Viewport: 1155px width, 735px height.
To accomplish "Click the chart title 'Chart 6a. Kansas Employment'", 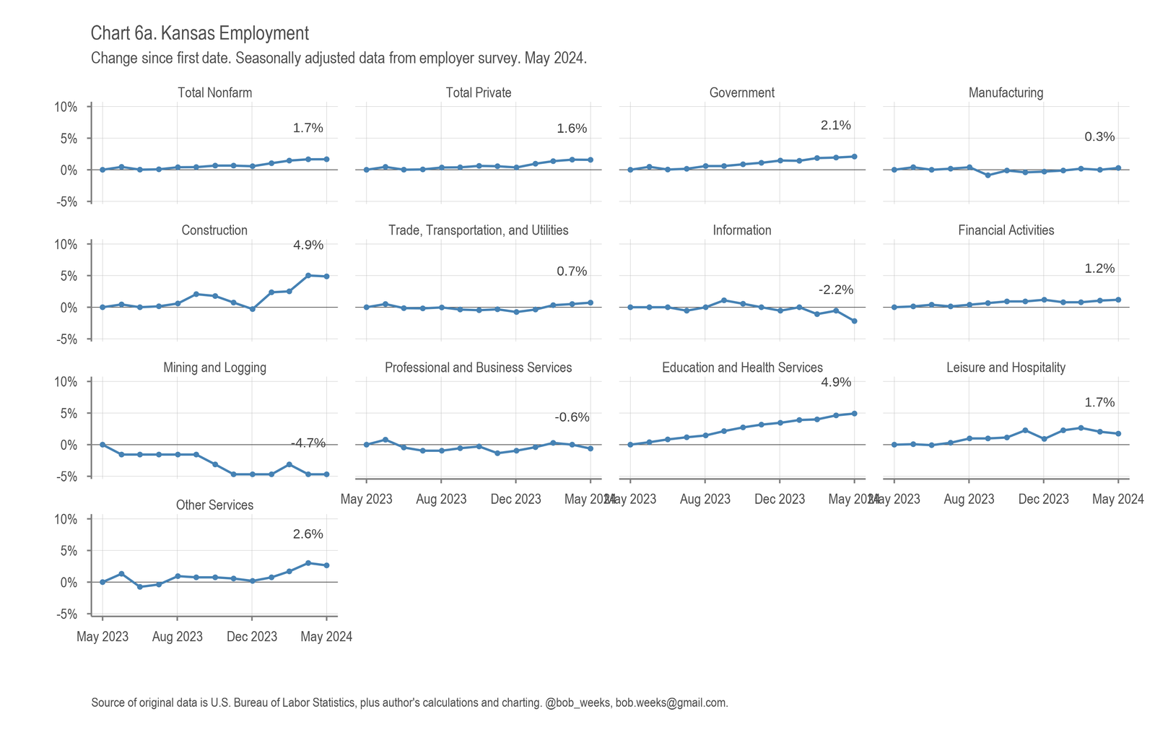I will click(200, 33).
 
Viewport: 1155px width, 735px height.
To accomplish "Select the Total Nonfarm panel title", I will click(214, 92).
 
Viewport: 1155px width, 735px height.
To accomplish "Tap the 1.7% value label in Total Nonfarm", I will click(308, 129).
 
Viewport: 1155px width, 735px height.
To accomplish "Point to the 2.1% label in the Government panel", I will click(836, 126).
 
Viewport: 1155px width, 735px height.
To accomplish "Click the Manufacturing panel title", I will click(1006, 92).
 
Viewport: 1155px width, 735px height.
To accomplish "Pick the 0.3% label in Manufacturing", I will click(1099, 137).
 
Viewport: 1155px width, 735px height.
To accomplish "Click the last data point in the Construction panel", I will click(326, 277).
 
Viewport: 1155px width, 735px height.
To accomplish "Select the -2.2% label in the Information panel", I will click(836, 290).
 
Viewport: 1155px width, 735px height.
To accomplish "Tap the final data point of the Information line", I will click(855, 321).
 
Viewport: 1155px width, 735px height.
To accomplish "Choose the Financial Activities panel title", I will click(1006, 230).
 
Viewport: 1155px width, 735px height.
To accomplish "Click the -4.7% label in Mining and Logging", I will click(308, 443).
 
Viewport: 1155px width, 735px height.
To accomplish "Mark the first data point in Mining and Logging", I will click(103, 445).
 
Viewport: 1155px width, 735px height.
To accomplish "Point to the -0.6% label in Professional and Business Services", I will click(572, 417).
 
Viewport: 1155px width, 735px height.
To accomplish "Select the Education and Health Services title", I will click(742, 367).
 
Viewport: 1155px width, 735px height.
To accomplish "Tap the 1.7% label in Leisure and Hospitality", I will click(1099, 403).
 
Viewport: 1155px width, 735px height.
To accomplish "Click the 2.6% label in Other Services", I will click(308, 535).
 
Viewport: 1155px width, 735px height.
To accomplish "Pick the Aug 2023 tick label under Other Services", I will click(178, 637).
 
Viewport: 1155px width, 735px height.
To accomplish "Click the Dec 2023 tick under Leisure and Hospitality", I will click(1043, 499).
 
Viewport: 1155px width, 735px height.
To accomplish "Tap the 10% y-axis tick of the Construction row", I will click(66, 244).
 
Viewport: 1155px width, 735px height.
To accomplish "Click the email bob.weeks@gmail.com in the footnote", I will click(671, 703).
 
